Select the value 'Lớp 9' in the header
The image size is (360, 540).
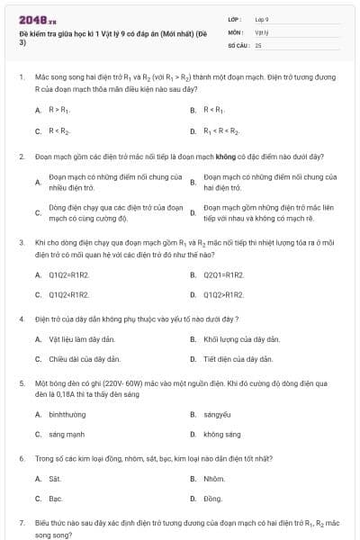point(262,18)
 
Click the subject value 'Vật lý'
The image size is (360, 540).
point(262,31)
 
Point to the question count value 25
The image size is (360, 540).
point(258,43)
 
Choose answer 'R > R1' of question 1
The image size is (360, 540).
point(58,110)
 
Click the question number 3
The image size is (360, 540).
point(21,242)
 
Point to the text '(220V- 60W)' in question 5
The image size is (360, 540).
point(113,382)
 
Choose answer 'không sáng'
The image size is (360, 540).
point(222,434)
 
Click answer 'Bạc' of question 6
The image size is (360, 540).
point(55,499)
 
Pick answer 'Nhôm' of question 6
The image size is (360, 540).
point(214,479)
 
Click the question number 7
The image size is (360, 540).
point(21,522)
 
